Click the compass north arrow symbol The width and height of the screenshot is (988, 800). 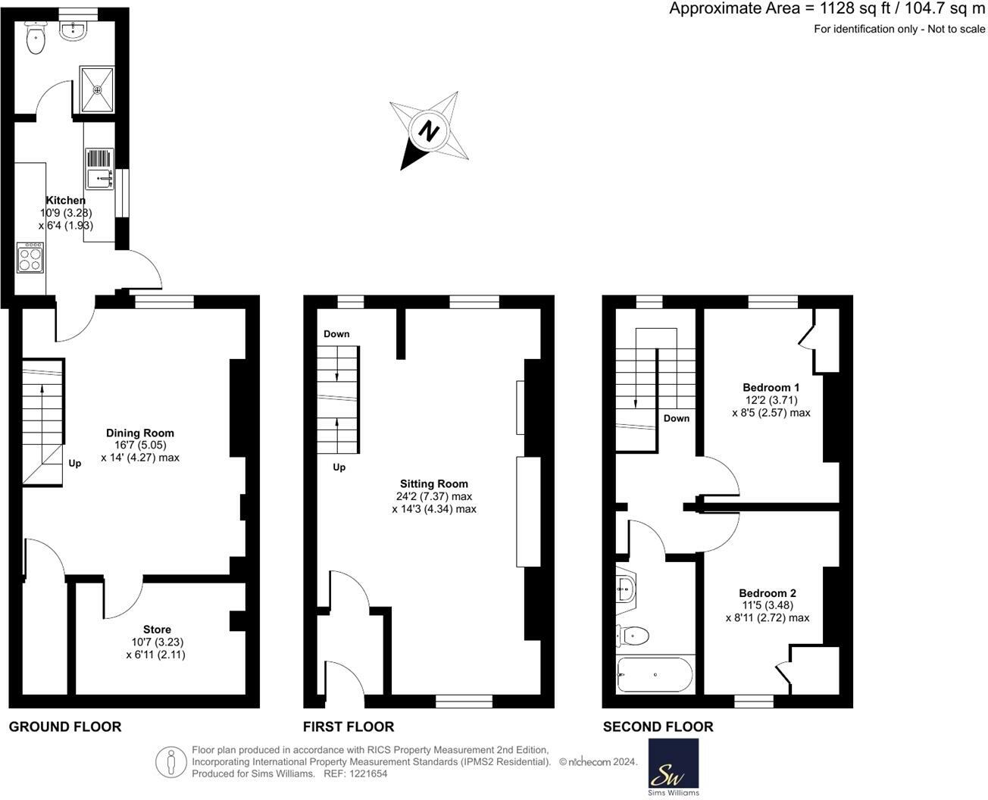point(429,130)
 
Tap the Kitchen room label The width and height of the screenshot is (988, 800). point(66,201)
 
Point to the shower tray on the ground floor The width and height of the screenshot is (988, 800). point(97,89)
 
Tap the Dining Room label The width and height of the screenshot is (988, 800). point(139,433)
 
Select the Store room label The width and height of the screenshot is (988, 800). point(157,630)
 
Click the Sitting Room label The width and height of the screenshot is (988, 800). point(434,483)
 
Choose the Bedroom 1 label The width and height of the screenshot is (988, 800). point(771,387)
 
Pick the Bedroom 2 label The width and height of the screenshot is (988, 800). point(768,593)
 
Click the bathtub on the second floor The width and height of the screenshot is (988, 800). point(655,673)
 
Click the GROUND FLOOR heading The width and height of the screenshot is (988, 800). point(65,727)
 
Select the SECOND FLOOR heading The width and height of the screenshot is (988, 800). point(658,727)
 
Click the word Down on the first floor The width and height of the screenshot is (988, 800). point(336,334)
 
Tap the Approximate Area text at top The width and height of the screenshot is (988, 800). point(827,9)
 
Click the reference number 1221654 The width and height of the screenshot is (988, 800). point(366,773)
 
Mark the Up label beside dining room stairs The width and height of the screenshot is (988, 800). point(75,463)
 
